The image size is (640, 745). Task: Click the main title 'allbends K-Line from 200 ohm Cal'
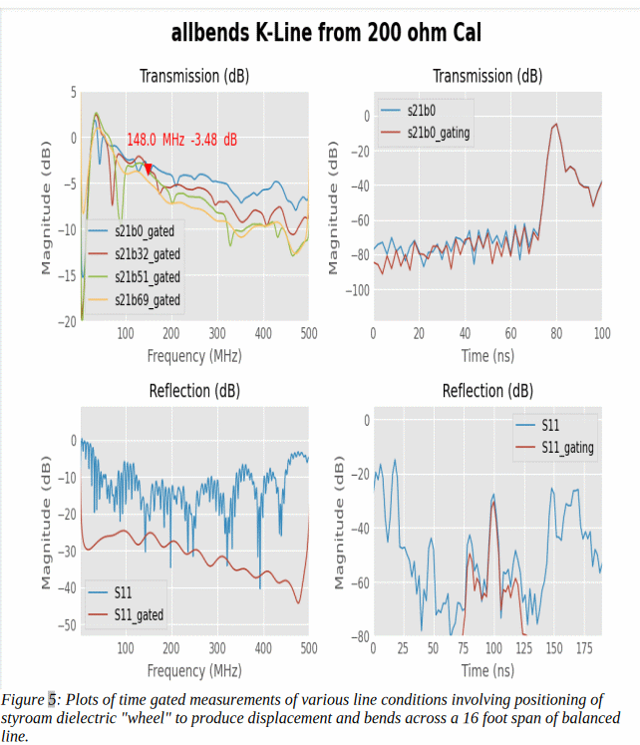coord(326,34)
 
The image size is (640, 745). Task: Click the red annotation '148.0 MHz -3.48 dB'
coord(181,140)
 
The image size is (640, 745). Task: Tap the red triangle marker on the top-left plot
coord(149,170)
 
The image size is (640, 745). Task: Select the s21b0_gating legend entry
coord(439,132)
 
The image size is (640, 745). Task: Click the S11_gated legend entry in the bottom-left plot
coord(139,615)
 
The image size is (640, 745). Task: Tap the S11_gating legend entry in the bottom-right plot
coord(567,448)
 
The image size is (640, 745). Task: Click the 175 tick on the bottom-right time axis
coord(583,649)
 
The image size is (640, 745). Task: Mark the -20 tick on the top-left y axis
coord(68,321)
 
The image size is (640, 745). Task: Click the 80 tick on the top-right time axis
coord(556,333)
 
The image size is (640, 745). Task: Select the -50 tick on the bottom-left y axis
coord(68,625)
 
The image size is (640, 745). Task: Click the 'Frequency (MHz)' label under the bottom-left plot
coord(194,670)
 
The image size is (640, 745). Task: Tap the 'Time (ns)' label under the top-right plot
coord(487,356)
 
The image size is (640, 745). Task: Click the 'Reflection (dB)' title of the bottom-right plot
coord(487,390)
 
